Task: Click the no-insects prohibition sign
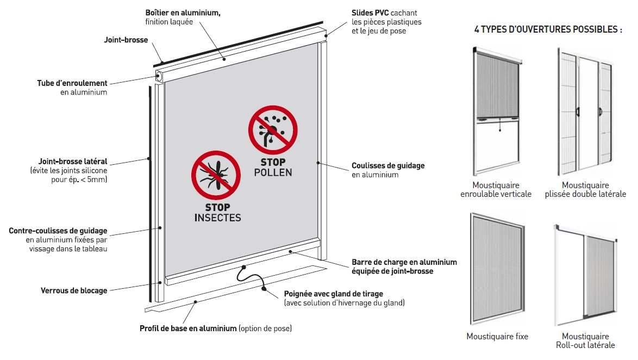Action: pyautogui.click(x=216, y=176)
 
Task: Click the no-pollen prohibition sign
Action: pyautogui.click(x=273, y=131)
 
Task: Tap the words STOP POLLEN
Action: pyautogui.click(x=273, y=167)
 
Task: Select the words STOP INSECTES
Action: pyautogui.click(x=218, y=213)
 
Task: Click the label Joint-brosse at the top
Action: pyautogui.click(x=126, y=40)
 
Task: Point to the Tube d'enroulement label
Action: pyautogui.click(x=72, y=88)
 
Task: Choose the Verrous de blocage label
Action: pyautogui.click(x=74, y=291)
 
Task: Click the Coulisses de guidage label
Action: pyautogui.click(x=388, y=170)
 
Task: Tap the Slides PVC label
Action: pyautogui.click(x=386, y=22)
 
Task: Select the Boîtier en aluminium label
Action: pyautogui.click(x=183, y=17)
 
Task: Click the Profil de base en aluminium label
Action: pyautogui.click(x=216, y=328)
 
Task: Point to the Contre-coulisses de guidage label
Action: pyautogui.click(x=58, y=240)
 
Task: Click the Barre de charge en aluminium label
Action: pyautogui.click(x=404, y=267)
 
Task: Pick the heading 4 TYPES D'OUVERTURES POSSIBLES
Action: pyautogui.click(x=548, y=29)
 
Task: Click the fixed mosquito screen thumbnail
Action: pyautogui.click(x=497, y=269)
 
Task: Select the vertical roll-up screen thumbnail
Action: pyautogui.click(x=497, y=111)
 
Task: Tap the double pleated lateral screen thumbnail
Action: pyautogui.click(x=585, y=111)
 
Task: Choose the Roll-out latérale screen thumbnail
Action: pyautogui.click(x=586, y=275)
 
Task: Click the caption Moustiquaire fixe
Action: pyautogui.click(x=497, y=337)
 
